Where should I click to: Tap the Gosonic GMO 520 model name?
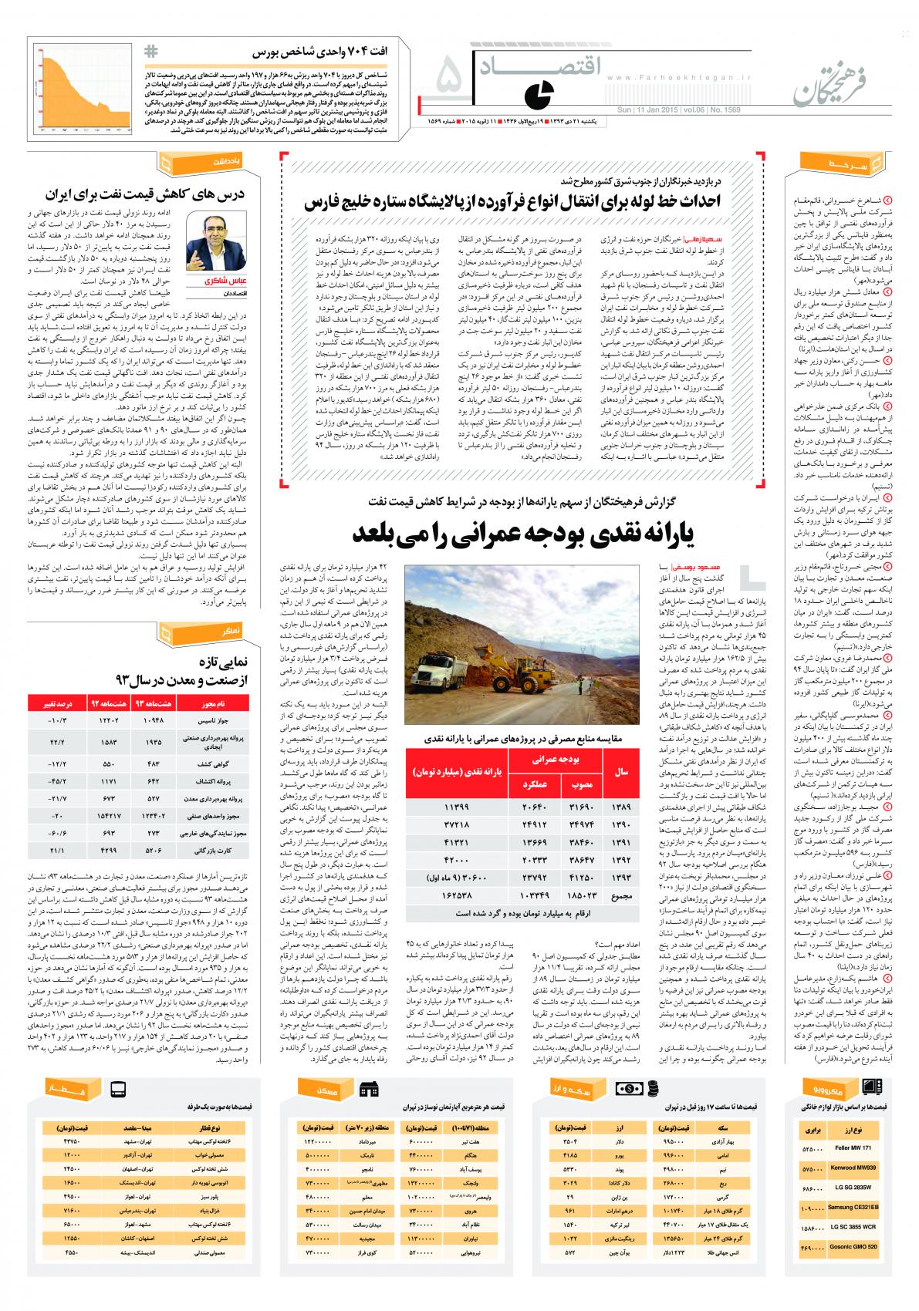click(855, 1247)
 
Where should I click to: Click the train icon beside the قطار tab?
click(118, 1090)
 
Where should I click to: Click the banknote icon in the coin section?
click(627, 1089)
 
